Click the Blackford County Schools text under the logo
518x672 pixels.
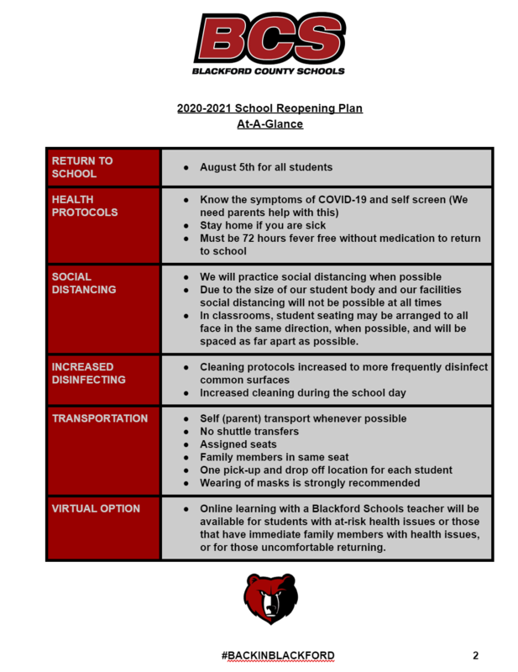point(268,71)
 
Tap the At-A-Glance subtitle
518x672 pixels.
point(269,124)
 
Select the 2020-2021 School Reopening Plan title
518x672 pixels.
point(269,109)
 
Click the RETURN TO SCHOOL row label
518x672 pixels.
point(82,167)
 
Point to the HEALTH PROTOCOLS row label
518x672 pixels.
point(85,206)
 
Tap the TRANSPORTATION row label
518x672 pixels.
point(99,418)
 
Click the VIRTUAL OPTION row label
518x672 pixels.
point(95,508)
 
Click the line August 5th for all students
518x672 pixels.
point(265,167)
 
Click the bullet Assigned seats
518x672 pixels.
point(238,444)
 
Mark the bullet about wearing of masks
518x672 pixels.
point(309,483)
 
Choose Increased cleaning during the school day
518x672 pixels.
point(302,393)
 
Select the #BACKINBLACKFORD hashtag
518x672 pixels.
point(278,655)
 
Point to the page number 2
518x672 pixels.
point(475,655)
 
